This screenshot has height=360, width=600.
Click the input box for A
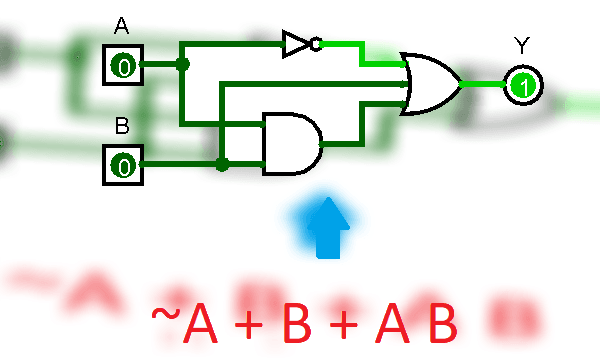coord(123,66)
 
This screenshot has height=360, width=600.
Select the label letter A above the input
coord(122,26)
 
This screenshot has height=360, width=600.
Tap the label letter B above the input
coord(122,126)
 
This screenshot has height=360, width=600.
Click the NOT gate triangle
coord(296,43)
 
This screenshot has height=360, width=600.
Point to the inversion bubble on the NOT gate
coord(316,43)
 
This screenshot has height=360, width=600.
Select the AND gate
coord(291,144)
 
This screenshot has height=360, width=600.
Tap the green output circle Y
coord(521,85)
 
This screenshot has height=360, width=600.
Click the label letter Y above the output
coord(521,45)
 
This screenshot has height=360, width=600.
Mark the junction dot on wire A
coord(182,65)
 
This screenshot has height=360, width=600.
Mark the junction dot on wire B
coord(222,164)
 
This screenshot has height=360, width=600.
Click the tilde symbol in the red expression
coord(165,313)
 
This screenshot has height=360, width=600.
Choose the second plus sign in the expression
coord(342,322)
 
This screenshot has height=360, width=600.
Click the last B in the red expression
coord(440,322)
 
